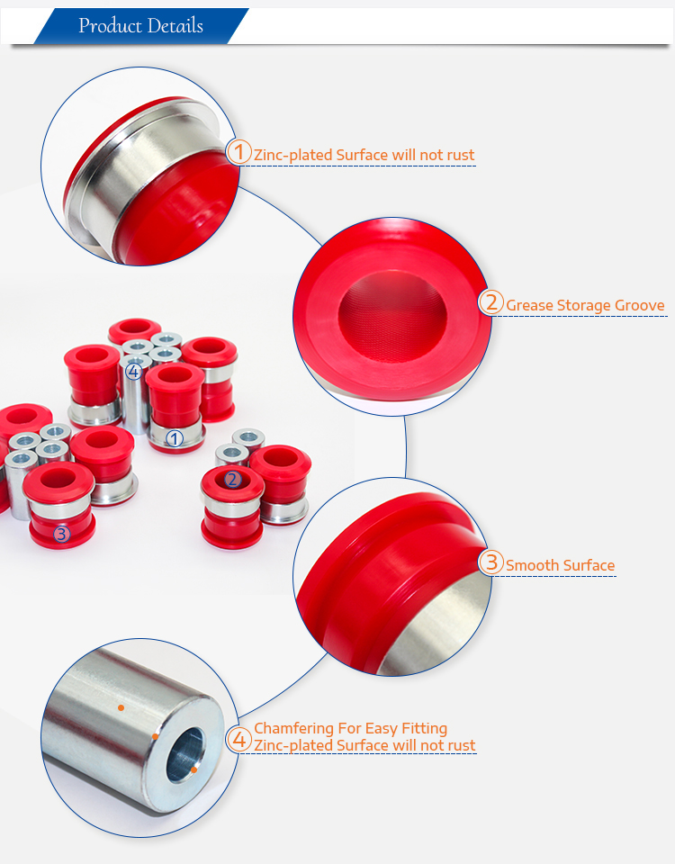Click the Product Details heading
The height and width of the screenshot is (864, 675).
pyautogui.click(x=140, y=25)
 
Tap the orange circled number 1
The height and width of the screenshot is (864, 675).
pyautogui.click(x=239, y=151)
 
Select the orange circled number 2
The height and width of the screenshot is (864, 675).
pyautogui.click(x=491, y=302)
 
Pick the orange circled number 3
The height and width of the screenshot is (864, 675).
pyautogui.click(x=491, y=562)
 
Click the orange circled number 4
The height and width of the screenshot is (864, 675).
pyautogui.click(x=239, y=740)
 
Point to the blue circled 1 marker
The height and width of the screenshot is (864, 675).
pyautogui.click(x=175, y=438)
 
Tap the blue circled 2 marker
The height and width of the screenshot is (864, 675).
pyautogui.click(x=232, y=480)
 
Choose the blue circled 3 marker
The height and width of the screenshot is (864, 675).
pyautogui.click(x=62, y=534)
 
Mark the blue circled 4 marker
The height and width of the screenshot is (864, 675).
pyautogui.click(x=133, y=372)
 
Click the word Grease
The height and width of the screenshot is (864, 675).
pyautogui.click(x=529, y=305)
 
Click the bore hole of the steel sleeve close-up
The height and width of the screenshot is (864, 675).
pyautogui.click(x=185, y=755)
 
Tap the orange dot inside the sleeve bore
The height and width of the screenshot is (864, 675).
pyautogui.click(x=194, y=769)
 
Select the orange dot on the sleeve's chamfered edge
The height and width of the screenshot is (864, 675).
pyautogui.click(x=156, y=737)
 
